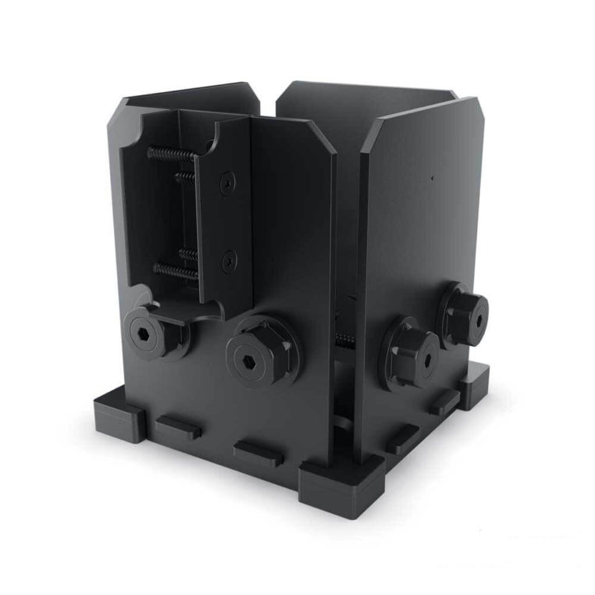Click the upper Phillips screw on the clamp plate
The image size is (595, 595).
pos(226,183)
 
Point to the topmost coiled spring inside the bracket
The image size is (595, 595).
pos(171,153)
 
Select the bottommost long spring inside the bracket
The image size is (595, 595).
pos(175,270)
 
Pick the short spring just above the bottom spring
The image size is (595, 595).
pos(187,253)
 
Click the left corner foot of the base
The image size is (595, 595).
pos(118,414)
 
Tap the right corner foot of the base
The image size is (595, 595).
pos(475,387)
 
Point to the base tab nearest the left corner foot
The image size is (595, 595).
pos(178,427)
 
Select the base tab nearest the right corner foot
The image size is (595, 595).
pos(444,403)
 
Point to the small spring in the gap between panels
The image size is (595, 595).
pos(343,339)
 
